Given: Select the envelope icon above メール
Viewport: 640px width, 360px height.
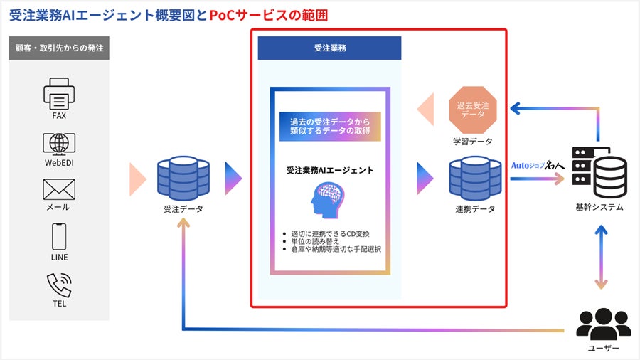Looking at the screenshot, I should pos(59,189).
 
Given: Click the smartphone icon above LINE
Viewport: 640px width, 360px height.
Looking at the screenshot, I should pos(59,236).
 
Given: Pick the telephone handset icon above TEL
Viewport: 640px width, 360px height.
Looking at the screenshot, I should pos(59,285).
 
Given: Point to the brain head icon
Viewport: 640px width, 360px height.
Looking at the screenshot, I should pos(329,200).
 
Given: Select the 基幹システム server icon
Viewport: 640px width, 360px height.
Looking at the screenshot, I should pos(599,173).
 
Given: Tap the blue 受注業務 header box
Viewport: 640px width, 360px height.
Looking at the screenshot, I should pos(329,48).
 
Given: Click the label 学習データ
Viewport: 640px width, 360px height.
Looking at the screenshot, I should pos(473,141).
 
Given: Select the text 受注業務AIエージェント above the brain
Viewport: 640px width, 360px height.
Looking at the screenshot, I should pos(329,171).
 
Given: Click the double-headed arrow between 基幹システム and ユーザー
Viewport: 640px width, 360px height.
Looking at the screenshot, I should pos(601,257).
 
